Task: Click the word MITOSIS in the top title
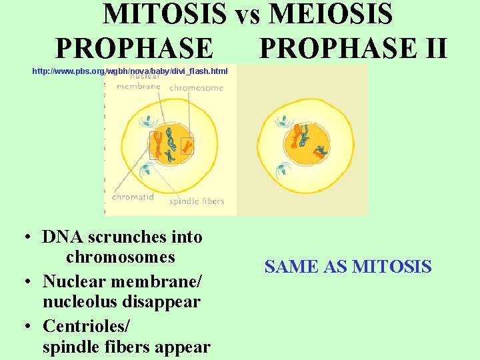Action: pyautogui.click(x=165, y=15)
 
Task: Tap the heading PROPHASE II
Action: pyautogui.click(x=353, y=48)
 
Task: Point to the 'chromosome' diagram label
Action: pyautogui.click(x=196, y=87)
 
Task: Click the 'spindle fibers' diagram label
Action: pyautogui.click(x=197, y=201)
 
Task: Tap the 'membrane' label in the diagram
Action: pyautogui.click(x=138, y=86)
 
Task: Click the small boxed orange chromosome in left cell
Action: pyautogui.click(x=187, y=145)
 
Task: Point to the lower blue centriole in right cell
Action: pyautogui.click(x=283, y=169)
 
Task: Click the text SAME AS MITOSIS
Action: pyautogui.click(x=348, y=267)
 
